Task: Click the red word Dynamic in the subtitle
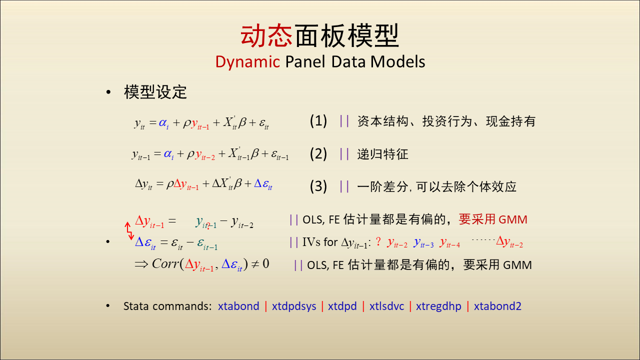(x=247, y=61)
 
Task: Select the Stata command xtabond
(x=238, y=306)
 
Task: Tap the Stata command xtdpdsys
(x=294, y=306)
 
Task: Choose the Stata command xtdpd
(x=342, y=306)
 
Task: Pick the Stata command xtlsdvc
(x=387, y=306)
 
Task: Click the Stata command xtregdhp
(x=438, y=306)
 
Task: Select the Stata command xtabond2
(x=497, y=306)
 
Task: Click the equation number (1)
(x=318, y=121)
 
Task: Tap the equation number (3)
(x=318, y=186)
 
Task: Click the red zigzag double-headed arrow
(x=129, y=231)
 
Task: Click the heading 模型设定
(x=155, y=92)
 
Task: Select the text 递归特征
(x=382, y=154)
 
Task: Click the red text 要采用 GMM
(x=493, y=219)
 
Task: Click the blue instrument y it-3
(x=423, y=242)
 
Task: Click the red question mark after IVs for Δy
(x=378, y=241)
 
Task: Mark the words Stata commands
(x=167, y=306)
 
